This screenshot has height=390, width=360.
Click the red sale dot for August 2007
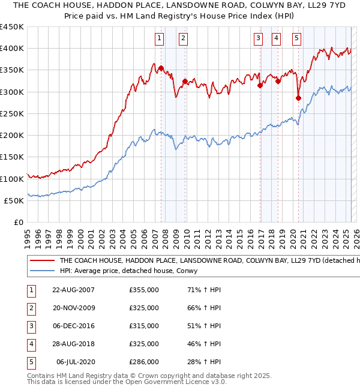click(x=161, y=68)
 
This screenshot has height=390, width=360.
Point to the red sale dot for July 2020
click(x=298, y=98)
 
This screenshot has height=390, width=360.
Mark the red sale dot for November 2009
click(x=185, y=81)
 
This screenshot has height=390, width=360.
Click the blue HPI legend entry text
click(x=132, y=271)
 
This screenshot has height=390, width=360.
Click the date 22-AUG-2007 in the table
click(x=73, y=290)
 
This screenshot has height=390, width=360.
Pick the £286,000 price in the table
click(x=144, y=362)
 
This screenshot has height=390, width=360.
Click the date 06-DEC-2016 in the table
click(x=73, y=326)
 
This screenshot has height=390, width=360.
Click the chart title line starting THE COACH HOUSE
click(x=180, y=5)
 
